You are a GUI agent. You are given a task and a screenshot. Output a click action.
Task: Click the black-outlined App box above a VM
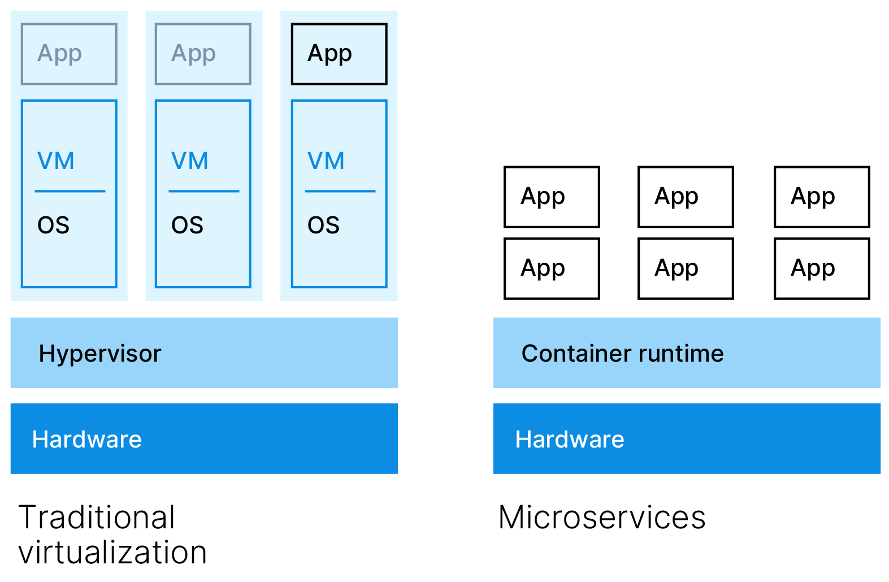coord(339,54)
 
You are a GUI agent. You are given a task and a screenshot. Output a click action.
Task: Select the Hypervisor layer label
coord(100,354)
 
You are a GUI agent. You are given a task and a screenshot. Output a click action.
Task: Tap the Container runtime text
coord(622,354)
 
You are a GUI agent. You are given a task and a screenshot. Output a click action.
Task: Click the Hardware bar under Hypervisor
coord(204,438)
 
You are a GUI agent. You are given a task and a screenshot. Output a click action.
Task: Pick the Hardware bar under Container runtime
coord(687,438)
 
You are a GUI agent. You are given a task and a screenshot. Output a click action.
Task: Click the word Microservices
coord(602,517)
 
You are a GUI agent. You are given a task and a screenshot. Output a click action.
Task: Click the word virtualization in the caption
coord(113,553)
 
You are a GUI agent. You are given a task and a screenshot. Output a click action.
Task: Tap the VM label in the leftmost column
coord(56,161)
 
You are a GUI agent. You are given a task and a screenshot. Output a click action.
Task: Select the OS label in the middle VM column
coord(187,225)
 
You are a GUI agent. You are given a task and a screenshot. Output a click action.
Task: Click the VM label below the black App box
coord(326,161)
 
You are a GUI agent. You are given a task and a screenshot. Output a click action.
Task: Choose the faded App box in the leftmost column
coord(69,54)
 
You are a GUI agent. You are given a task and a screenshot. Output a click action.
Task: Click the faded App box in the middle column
coord(203,54)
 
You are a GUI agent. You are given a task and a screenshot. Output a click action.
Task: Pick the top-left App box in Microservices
coord(552,197)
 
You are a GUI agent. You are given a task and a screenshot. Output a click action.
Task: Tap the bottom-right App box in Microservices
coord(822,268)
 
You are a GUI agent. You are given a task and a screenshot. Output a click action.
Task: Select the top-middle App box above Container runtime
coord(686,197)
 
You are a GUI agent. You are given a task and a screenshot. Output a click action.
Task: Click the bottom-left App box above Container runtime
coord(552,268)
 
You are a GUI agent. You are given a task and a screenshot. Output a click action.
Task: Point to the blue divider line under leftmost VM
coord(70,191)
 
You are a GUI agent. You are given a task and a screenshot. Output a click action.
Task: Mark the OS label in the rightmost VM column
coord(323,225)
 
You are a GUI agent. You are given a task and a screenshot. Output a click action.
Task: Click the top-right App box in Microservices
coord(822,197)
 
